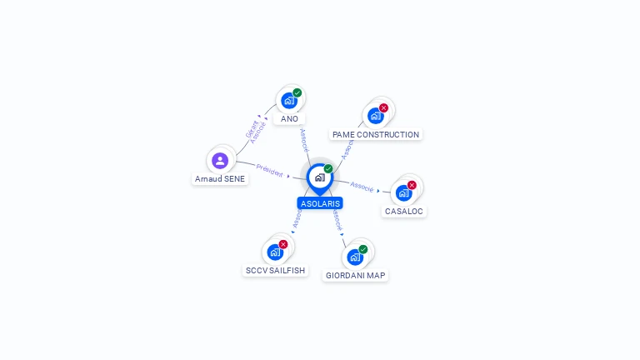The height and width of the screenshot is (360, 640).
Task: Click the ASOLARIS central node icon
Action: tap(319, 177)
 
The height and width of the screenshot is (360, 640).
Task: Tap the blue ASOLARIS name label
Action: tap(320, 203)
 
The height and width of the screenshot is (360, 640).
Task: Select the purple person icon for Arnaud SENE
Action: tap(220, 160)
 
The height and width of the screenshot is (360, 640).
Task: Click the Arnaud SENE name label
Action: tap(220, 178)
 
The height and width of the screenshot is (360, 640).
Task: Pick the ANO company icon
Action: tap(288, 101)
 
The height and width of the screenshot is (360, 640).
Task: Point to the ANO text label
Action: tap(289, 119)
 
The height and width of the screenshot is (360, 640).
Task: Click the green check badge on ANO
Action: tap(297, 92)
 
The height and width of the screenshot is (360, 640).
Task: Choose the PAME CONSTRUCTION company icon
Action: tap(375, 116)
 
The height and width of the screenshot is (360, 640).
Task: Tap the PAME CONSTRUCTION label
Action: tap(375, 134)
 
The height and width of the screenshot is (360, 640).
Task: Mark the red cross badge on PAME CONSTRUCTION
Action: tap(384, 107)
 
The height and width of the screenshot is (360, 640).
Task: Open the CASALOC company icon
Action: tap(403, 193)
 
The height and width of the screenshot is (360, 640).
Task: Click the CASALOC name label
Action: tap(404, 212)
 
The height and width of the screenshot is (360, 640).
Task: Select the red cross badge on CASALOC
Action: tap(412, 185)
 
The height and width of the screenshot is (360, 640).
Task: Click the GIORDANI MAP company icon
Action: tap(355, 257)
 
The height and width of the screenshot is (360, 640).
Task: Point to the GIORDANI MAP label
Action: tap(356, 275)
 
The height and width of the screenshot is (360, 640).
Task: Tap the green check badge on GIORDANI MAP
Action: tap(363, 248)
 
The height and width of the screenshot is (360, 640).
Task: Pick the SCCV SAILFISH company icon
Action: tap(275, 252)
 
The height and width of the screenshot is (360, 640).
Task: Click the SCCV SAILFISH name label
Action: tap(275, 271)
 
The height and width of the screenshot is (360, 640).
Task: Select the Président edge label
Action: tap(269, 169)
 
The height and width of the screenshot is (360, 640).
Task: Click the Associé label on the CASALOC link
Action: tap(362, 186)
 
